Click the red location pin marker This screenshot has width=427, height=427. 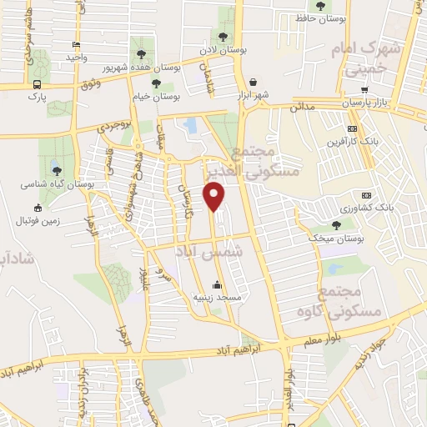[x=215, y=198]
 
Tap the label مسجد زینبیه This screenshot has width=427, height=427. [x=217, y=297]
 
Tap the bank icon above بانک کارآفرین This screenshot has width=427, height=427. [x=353, y=128]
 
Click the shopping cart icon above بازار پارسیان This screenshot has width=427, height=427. [x=364, y=90]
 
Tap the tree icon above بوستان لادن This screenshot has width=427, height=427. [x=224, y=37]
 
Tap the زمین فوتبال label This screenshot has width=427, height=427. [x=37, y=221]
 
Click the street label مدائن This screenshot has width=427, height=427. [x=301, y=108]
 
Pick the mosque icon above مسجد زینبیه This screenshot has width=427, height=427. [x=217, y=284]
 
